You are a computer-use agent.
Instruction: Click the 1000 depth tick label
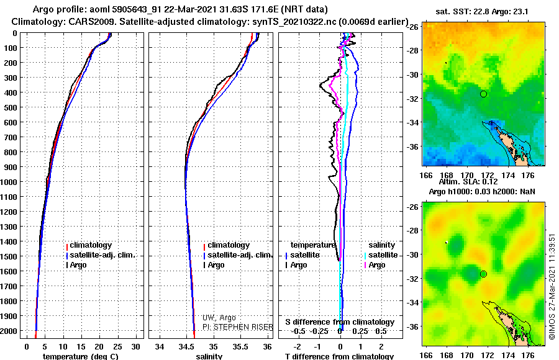pos(10,182)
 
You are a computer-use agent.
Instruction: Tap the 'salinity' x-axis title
pos(210,356)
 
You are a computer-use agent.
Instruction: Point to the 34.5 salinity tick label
pos(186,345)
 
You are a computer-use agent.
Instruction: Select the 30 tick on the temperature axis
pos(137,345)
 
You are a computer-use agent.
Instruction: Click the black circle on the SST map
pos(483,94)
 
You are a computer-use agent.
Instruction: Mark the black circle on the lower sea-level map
pos(483,274)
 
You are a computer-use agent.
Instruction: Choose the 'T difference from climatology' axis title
pos(339,356)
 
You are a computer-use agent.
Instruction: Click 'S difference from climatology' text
pos(340,322)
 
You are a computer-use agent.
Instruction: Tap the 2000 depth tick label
pos(10,331)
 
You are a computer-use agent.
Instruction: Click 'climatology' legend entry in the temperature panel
pos(90,245)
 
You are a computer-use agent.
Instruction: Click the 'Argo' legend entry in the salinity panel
pos(216,265)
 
